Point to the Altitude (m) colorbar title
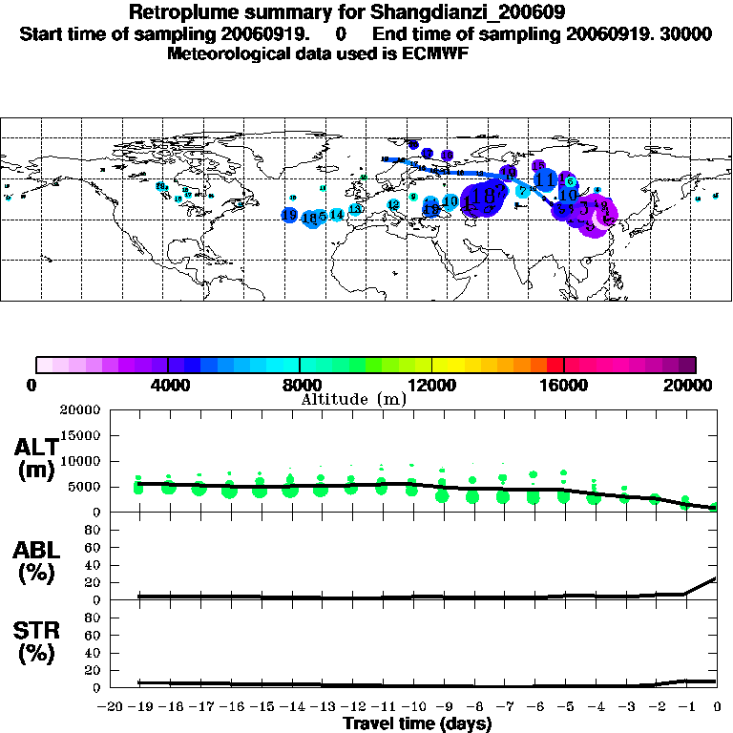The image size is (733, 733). pyautogui.click(x=353, y=399)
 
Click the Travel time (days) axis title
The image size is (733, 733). pyautogui.click(x=417, y=724)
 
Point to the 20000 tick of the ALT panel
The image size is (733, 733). pyautogui.click(x=81, y=410)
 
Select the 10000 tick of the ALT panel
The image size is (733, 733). pyautogui.click(x=81, y=461)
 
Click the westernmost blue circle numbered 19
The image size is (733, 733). pyautogui.click(x=289, y=216)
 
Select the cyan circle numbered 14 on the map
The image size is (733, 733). pyautogui.click(x=337, y=215)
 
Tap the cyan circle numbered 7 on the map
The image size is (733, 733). pyautogui.click(x=523, y=191)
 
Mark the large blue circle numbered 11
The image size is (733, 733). pyautogui.click(x=546, y=178)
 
